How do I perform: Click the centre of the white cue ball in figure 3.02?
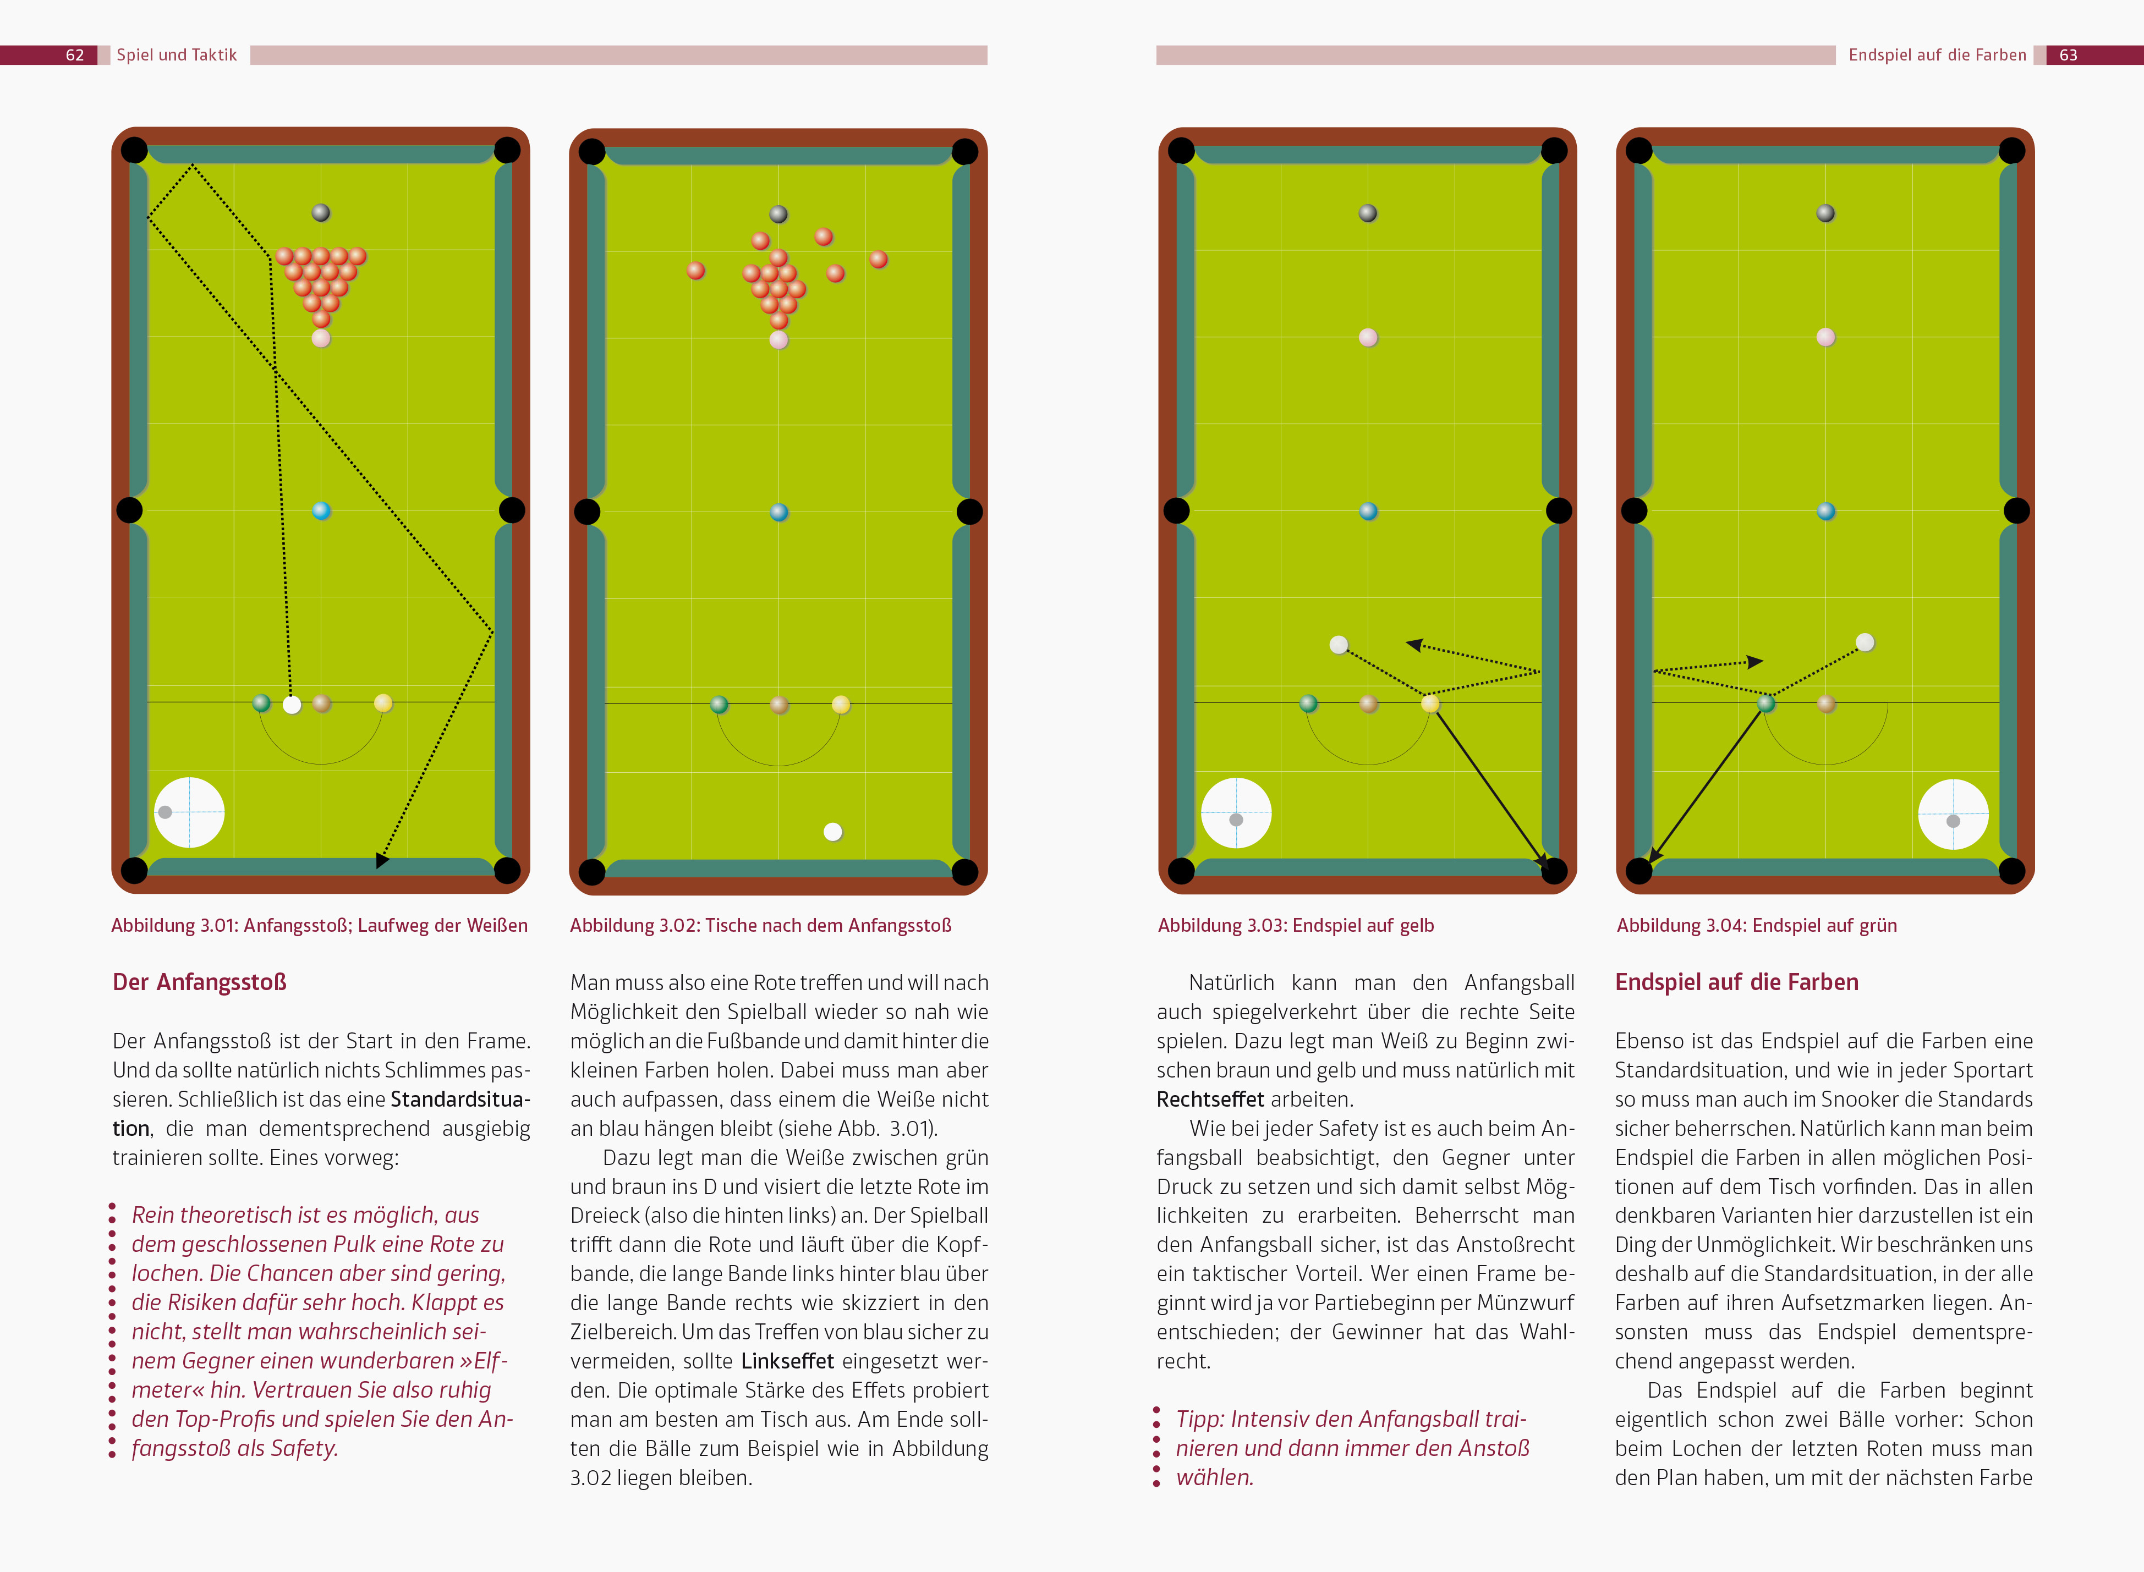(832, 832)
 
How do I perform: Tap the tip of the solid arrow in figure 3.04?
(1650, 863)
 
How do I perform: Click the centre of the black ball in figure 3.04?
(1825, 213)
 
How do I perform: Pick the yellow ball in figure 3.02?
(840, 704)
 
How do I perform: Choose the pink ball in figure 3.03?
(1368, 337)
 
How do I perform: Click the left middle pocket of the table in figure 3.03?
(1176, 511)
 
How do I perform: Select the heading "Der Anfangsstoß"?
(200, 982)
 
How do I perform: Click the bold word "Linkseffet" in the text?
(787, 1361)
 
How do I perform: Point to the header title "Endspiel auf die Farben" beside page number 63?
(1938, 55)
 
